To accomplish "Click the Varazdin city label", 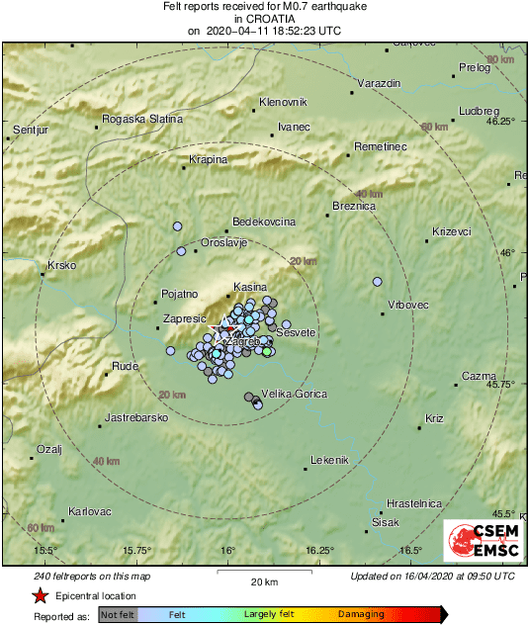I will tap(381, 83).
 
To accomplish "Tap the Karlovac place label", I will tap(90, 511).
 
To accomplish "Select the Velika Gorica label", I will tap(294, 394).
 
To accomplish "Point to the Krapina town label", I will tap(209, 159).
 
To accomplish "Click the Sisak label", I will tap(385, 521).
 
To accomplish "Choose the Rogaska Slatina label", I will tap(143, 119).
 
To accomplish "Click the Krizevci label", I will tap(452, 231).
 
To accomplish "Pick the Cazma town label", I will tap(479, 377).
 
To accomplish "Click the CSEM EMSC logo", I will tap(479, 543).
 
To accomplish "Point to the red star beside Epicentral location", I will tap(40, 596).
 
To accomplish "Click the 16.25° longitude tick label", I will tap(319, 550).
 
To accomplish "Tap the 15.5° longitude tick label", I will tap(45, 550).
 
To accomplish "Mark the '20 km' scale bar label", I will tap(264, 581).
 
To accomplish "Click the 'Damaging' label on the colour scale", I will tap(363, 614).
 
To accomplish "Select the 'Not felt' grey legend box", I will tap(118, 614).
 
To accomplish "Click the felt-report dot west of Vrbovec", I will tap(377, 282).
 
